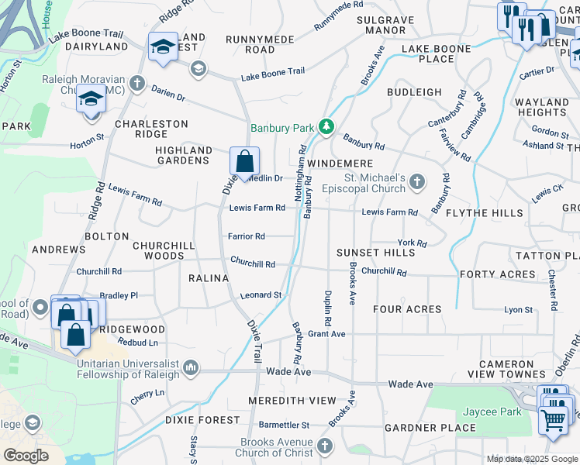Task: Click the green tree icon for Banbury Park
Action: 327,126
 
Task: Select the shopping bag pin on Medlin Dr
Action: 244,163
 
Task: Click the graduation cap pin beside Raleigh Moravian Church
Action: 91,101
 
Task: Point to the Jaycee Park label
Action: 492,412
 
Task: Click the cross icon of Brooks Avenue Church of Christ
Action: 324,446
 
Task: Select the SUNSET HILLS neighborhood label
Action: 375,253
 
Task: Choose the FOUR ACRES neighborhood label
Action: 407,309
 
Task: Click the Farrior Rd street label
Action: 247,236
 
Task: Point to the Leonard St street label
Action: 260,295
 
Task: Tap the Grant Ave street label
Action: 326,335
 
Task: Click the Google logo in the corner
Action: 26,455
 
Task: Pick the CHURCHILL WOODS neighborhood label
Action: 158,250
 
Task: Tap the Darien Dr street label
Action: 168,97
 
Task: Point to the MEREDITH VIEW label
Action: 292,401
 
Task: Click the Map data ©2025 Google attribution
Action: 531,459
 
